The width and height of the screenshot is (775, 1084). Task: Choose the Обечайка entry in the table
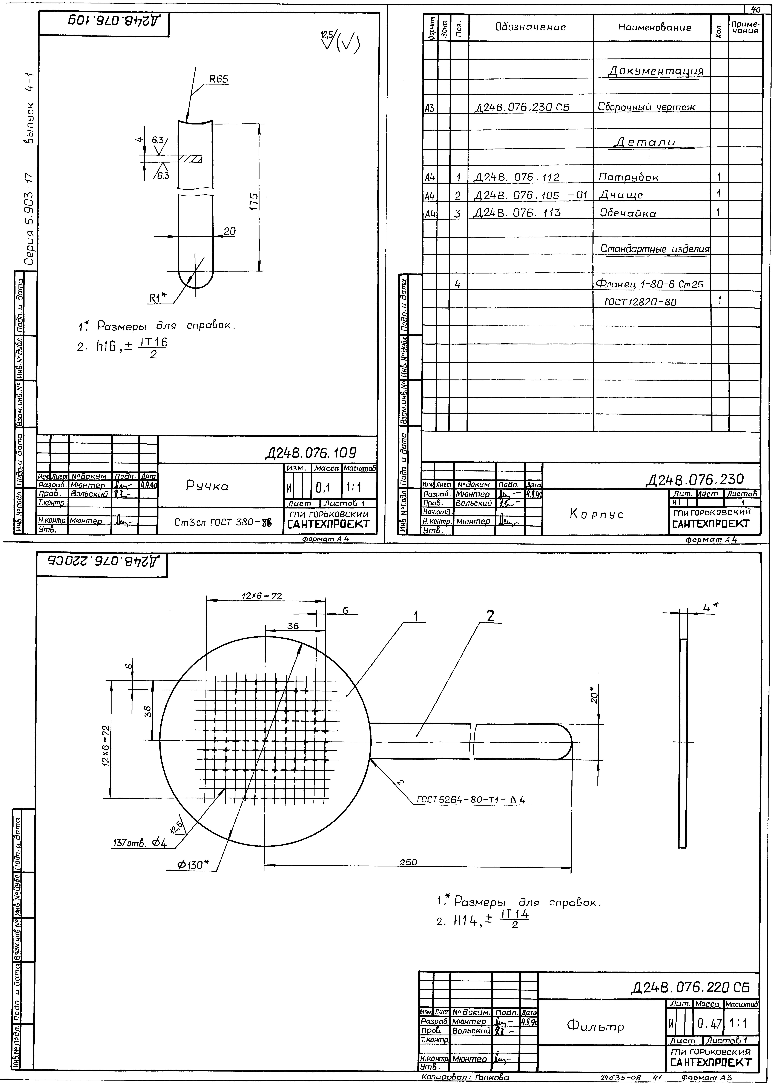(x=628, y=213)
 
